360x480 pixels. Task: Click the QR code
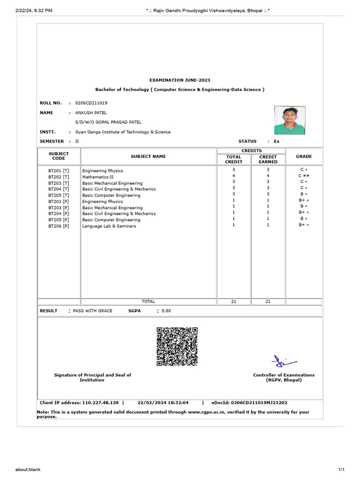click(177, 346)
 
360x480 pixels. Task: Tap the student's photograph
click(290, 120)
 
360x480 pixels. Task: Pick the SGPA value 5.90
click(166, 311)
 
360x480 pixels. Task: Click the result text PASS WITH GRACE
click(93, 311)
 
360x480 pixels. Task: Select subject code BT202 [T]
click(59, 177)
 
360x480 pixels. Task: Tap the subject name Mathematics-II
click(97, 177)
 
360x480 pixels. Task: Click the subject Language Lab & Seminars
click(109, 226)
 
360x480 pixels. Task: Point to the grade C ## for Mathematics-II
click(303, 175)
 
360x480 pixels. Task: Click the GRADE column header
click(303, 157)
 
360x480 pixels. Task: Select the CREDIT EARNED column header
click(268, 159)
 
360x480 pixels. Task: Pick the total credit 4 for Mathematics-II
click(233, 175)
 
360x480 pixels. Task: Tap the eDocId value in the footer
click(262, 402)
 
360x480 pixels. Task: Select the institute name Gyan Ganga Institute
click(123, 132)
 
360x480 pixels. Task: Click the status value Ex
click(277, 141)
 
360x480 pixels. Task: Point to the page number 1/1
click(341, 469)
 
